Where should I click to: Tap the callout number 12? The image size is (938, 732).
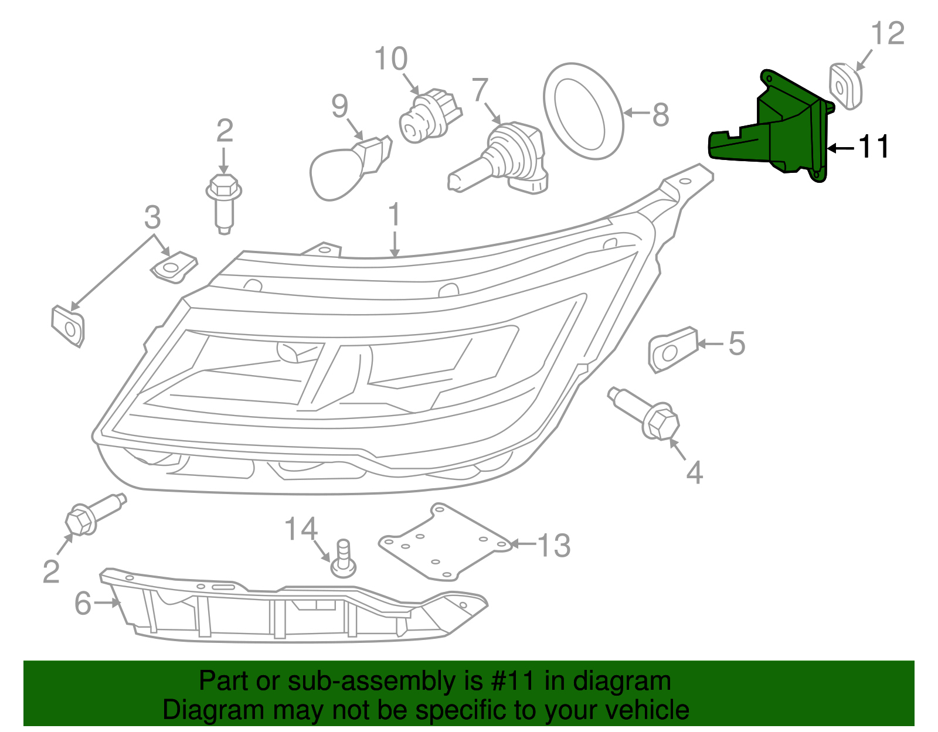coord(888,33)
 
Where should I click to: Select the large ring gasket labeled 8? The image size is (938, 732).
coord(582,111)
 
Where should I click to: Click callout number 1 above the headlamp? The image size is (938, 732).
coord(395,215)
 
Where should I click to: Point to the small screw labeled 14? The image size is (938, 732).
coord(344,560)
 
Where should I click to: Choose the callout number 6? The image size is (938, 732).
coord(83,603)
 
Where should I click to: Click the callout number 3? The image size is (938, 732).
coord(152,217)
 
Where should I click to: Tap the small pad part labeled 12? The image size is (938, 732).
coord(845,86)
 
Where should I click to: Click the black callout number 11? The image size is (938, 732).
coord(874,147)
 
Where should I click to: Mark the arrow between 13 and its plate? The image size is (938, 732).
coord(523,544)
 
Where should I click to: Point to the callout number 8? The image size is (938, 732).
coord(660,115)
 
